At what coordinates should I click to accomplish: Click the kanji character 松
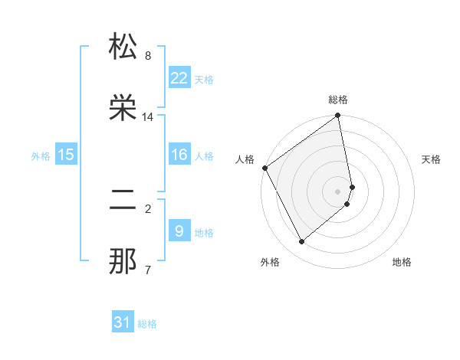tap(123, 48)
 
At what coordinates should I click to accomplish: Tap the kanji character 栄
tap(123, 107)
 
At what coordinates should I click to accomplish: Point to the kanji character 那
tap(123, 261)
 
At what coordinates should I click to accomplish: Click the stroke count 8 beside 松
tap(148, 56)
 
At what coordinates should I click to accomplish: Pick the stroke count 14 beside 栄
tap(148, 117)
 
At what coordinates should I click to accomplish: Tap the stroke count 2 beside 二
tap(148, 208)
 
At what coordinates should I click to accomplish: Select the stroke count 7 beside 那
tap(148, 270)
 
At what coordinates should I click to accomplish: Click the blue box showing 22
tap(179, 78)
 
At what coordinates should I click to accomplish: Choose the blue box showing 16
tap(179, 155)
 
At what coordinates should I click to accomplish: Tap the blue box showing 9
tap(179, 231)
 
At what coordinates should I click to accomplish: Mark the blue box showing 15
tap(66, 155)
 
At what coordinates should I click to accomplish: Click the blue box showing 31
tap(123, 322)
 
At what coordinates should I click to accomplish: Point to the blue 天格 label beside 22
tap(204, 80)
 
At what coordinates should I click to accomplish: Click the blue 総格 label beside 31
tap(147, 324)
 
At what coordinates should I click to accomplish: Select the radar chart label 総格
tap(338, 100)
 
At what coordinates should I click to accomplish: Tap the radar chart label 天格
tap(431, 159)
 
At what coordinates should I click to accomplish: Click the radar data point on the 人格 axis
tap(264, 168)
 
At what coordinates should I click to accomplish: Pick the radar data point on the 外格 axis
tap(301, 241)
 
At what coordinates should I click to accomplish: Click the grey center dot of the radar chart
tap(338, 191)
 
